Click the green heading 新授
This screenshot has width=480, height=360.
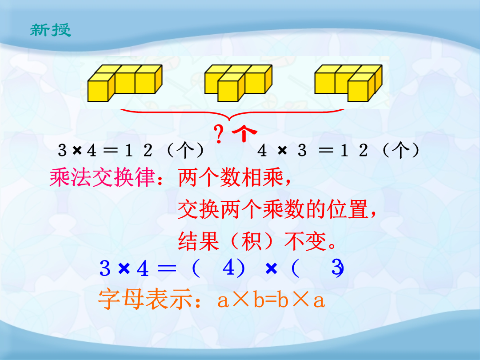tap(51, 30)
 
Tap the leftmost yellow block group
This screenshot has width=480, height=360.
tap(125, 83)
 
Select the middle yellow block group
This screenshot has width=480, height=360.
tap(238, 83)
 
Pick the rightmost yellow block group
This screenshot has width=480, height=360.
tap(348, 83)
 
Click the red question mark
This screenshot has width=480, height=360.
tap(218, 134)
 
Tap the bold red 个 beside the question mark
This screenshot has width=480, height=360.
tap(244, 133)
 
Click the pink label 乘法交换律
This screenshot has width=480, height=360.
tap(103, 177)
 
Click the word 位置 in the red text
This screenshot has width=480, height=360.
tap(348, 209)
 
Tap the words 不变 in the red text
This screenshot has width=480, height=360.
tap(305, 241)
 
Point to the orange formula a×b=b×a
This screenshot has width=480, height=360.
tap(271, 300)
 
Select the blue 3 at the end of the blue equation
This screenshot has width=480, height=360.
tap(337, 268)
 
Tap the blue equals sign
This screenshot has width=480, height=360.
tap(167, 268)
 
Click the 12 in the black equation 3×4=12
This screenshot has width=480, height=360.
tap(138, 150)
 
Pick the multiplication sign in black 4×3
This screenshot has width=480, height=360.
tap(282, 150)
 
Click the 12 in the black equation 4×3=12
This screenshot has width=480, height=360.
tap(354, 150)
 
